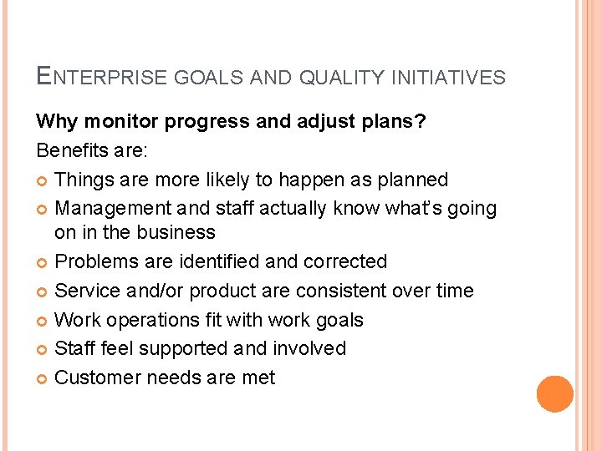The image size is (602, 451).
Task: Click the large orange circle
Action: click(554, 394)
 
